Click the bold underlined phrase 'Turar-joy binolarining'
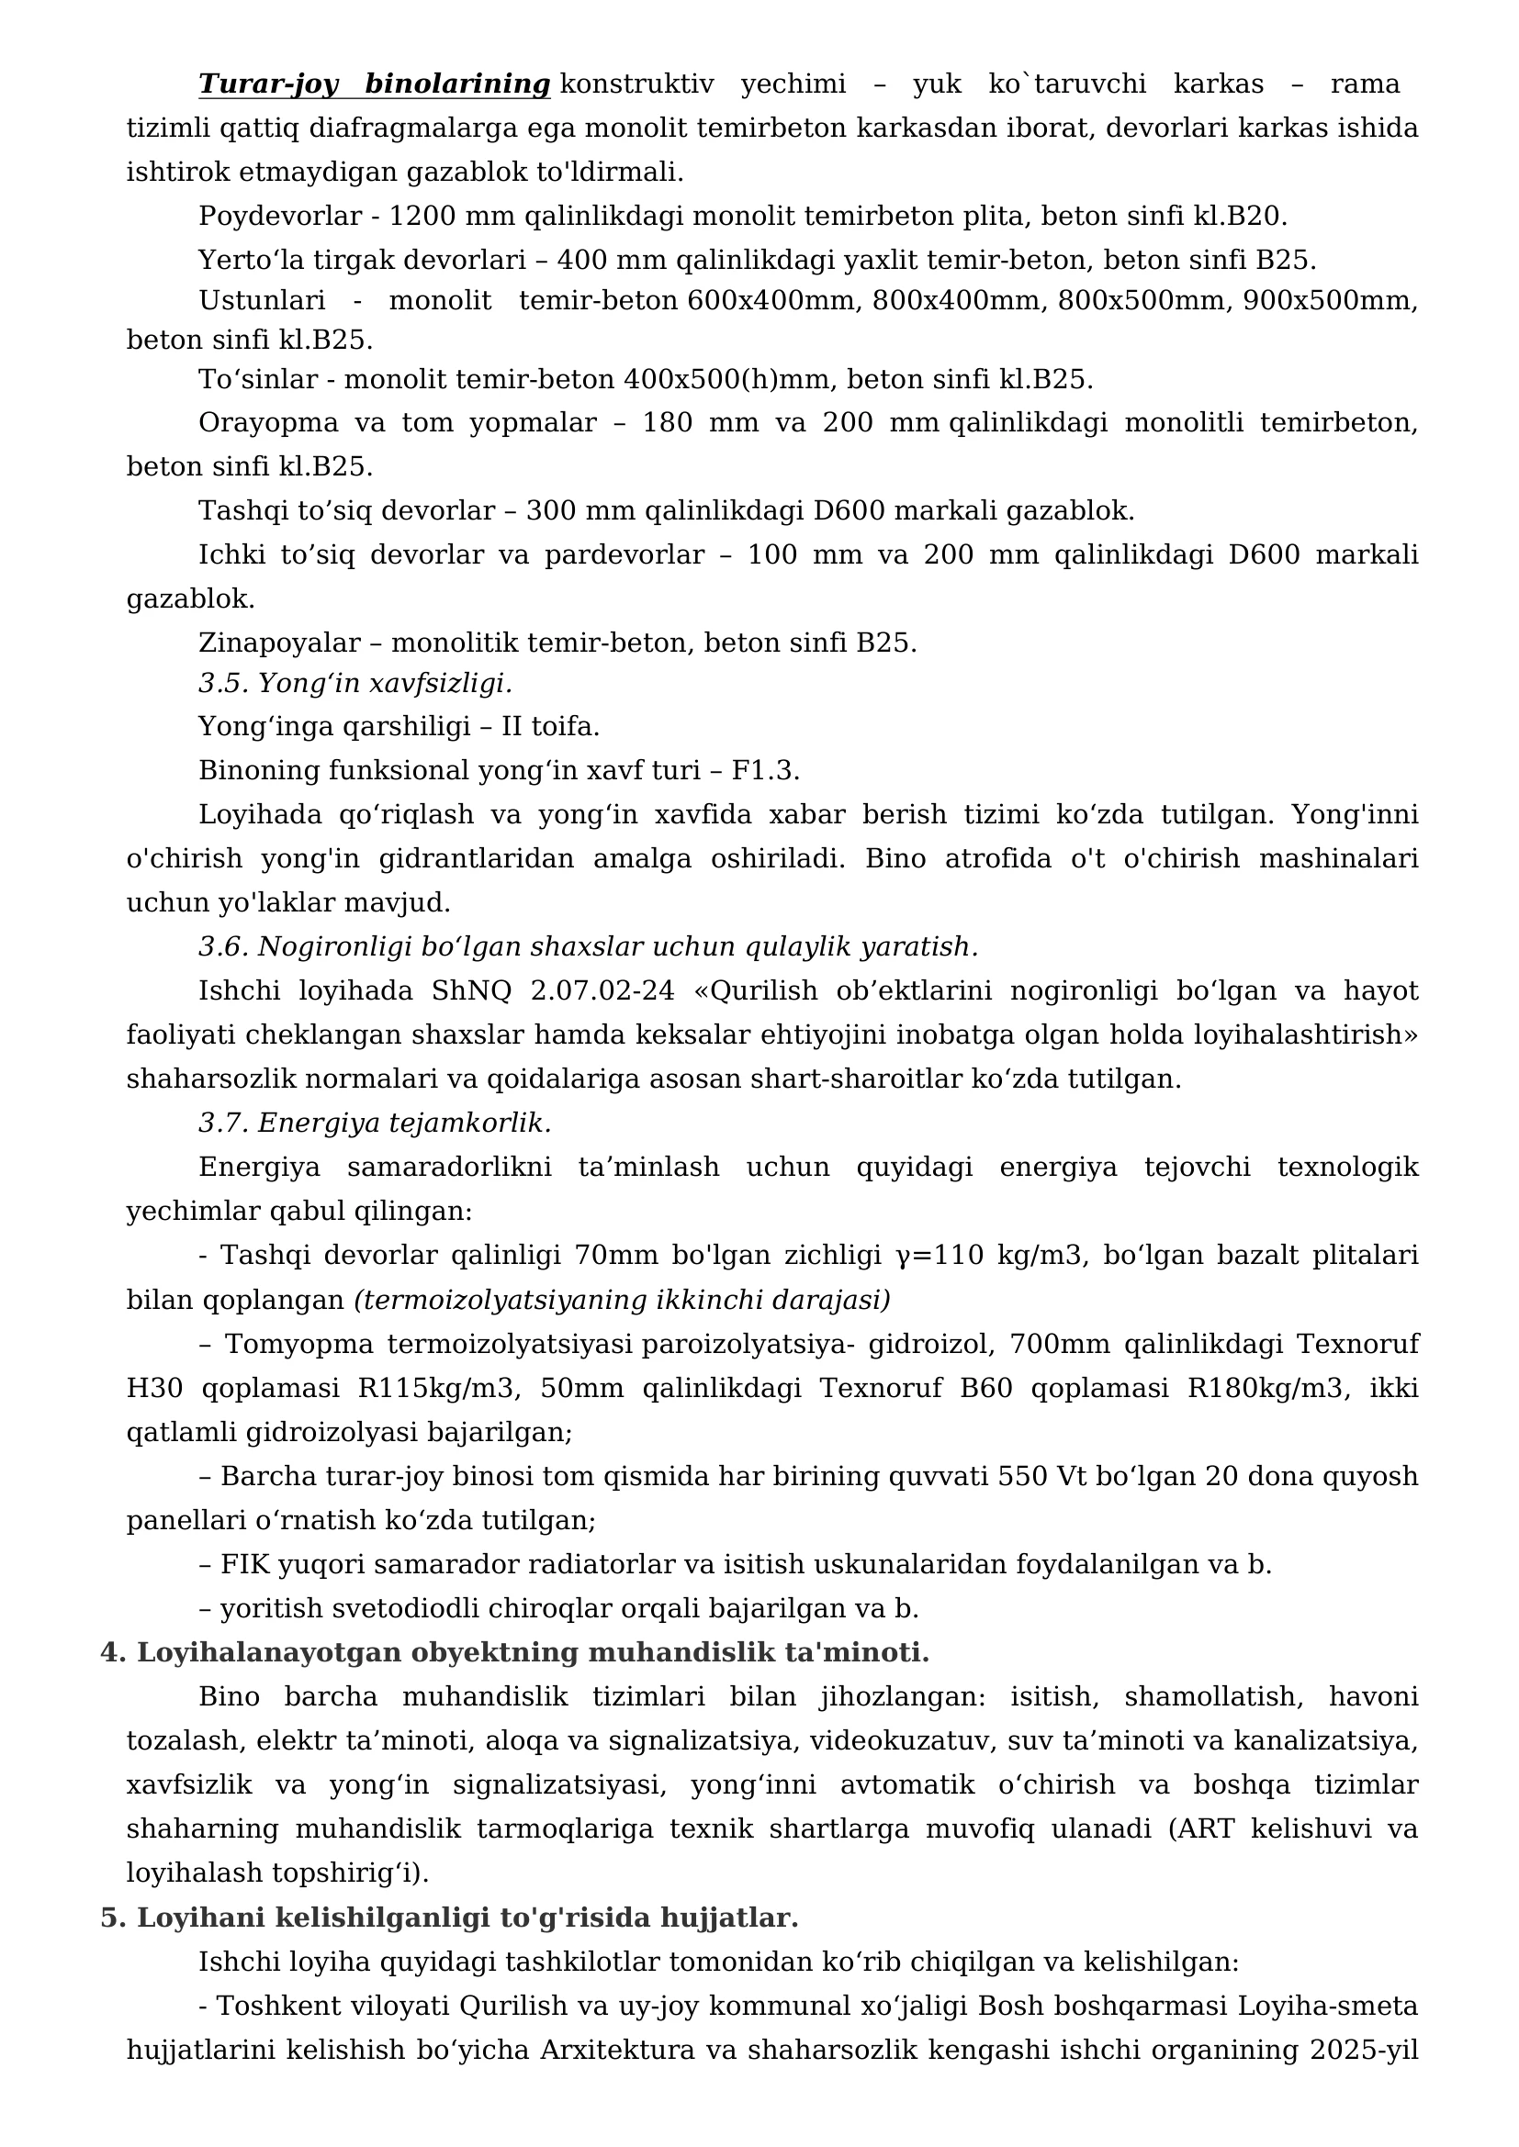point(374,85)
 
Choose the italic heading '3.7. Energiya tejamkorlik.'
point(375,1122)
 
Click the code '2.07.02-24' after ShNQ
point(602,990)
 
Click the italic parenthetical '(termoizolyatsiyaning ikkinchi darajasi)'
point(622,1300)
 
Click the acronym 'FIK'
point(244,1564)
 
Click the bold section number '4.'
point(113,1652)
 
